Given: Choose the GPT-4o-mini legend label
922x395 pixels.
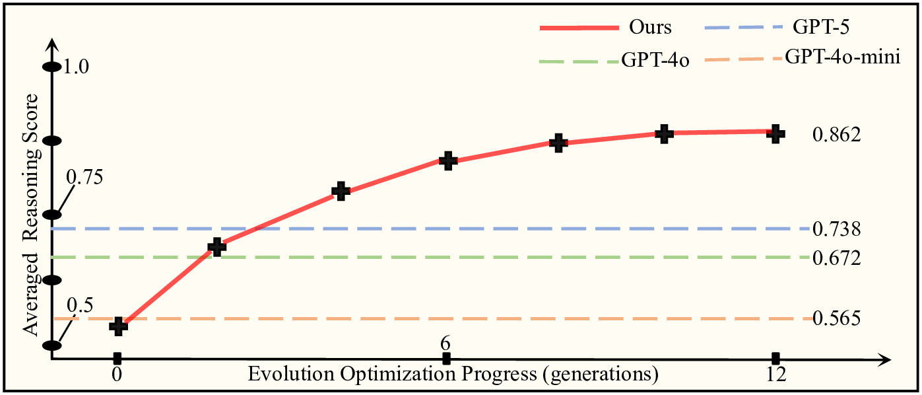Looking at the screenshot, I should pos(843,57).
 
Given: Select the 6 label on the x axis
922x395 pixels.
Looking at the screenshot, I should pos(446,344).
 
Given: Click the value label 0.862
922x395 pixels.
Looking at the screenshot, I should pos(836,135).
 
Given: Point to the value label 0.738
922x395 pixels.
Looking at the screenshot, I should pos(836,229).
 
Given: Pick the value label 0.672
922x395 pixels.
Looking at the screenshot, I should pos(836,258).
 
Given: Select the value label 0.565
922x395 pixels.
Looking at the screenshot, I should pos(836,319).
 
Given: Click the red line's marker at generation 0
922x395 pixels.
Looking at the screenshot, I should pos(119,325).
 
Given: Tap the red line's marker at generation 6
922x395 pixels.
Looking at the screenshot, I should pos(448,161).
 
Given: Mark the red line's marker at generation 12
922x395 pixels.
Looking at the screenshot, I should pos(776,133).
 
